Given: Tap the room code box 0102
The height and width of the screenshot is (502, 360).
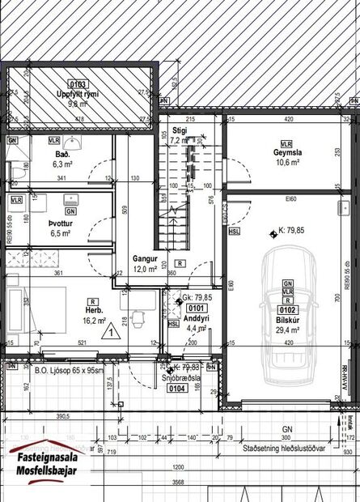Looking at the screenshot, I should point(286,308).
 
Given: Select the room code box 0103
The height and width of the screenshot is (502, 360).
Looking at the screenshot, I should point(78,83).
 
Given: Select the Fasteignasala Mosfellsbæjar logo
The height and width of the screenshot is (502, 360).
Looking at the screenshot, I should point(50,466).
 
